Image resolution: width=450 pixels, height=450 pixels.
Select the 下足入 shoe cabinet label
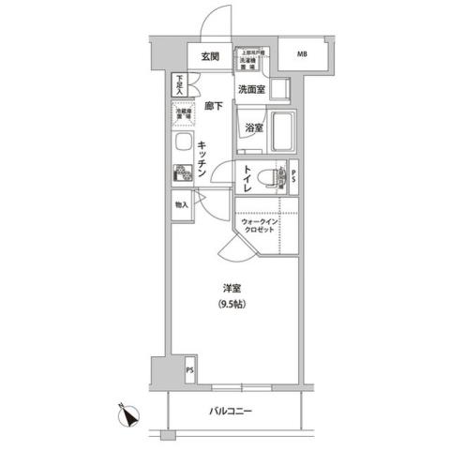[178, 84]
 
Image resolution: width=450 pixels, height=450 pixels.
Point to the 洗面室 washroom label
[250, 90]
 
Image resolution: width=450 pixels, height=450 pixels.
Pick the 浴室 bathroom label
[253, 127]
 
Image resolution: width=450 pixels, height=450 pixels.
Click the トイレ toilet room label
[247, 177]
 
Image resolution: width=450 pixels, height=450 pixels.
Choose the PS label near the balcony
[189, 368]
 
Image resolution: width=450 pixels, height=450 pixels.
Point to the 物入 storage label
[180, 205]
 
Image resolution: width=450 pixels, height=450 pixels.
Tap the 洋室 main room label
[233, 287]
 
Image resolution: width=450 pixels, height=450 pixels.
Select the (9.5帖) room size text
[233, 305]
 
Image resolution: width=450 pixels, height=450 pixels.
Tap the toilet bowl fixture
[269, 175]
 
